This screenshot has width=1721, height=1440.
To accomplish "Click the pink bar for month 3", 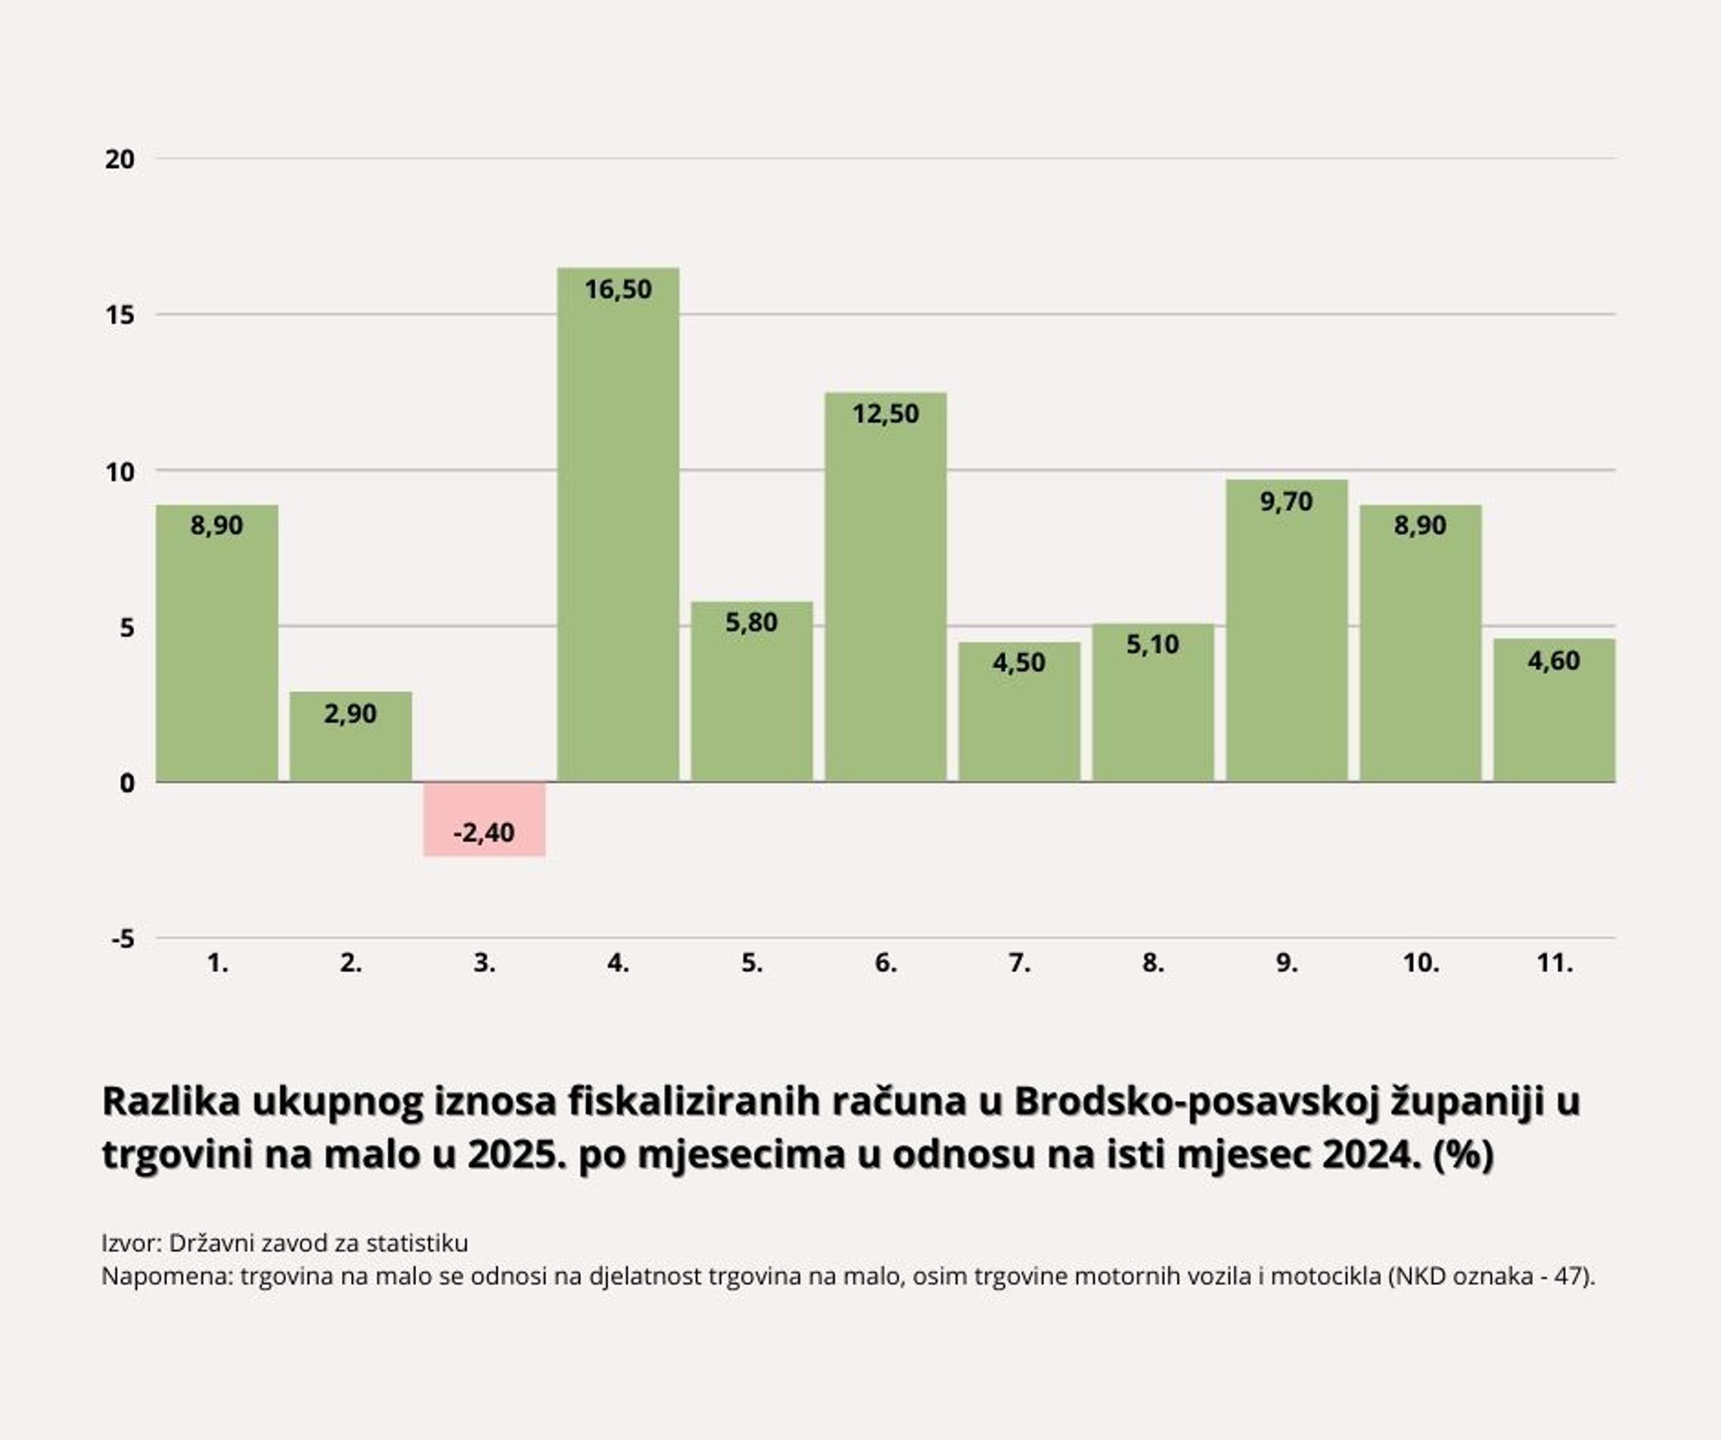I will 484,819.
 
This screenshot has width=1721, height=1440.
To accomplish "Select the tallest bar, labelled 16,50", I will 618,525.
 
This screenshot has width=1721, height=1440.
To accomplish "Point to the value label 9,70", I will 1287,500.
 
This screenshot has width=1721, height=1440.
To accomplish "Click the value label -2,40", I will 484,832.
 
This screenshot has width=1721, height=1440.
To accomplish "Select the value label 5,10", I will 1152,644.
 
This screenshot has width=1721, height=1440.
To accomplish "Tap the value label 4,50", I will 1019,662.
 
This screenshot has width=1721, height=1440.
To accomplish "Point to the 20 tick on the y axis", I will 120,159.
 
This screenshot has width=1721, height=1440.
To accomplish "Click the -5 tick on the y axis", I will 123,939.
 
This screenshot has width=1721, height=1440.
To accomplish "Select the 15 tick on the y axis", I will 120,315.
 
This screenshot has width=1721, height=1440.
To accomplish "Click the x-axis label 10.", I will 1420,963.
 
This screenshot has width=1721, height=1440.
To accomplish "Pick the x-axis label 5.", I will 751,963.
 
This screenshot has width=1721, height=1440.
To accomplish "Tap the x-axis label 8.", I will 1152,963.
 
